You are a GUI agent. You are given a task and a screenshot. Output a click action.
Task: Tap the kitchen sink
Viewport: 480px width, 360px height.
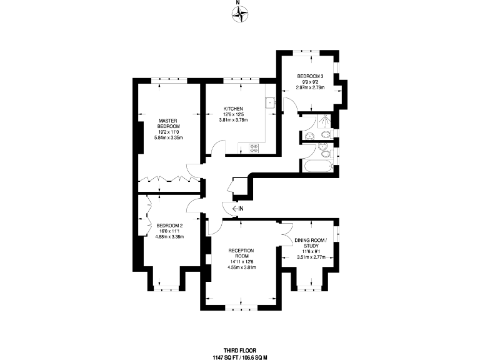click(270, 103)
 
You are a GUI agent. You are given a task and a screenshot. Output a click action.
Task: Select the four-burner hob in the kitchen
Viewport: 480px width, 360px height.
click(254, 147)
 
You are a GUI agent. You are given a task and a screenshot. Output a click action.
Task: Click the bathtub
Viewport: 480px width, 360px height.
click(318, 166)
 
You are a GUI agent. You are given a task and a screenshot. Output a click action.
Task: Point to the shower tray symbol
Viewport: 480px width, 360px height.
click(326, 121)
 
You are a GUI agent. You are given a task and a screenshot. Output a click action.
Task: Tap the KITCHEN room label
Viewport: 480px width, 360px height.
click(233, 109)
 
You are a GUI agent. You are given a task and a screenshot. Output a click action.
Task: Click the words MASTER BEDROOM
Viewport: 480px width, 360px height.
click(167, 123)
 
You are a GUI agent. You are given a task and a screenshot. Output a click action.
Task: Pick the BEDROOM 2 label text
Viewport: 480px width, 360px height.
click(169, 226)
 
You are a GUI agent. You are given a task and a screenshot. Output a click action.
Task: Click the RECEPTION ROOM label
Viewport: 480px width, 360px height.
click(242, 253)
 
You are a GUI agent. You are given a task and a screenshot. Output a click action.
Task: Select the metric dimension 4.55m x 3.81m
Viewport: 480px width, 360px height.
click(242, 267)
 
